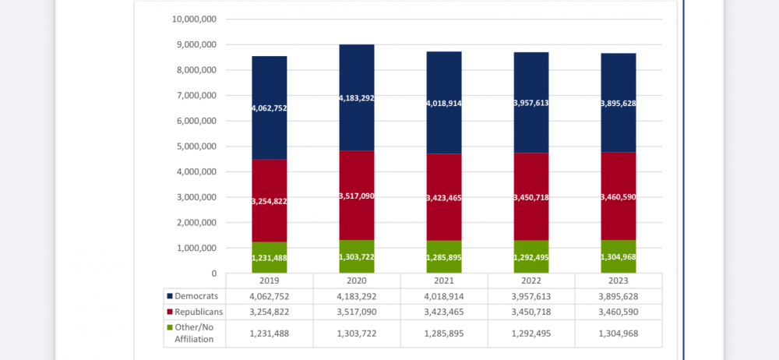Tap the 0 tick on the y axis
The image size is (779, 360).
coord(213,274)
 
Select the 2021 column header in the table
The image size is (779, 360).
coord(444,281)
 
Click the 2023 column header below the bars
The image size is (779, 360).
coord(619,281)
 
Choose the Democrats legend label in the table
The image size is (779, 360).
coord(196,296)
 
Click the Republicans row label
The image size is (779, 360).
coord(199,312)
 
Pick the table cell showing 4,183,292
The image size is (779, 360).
coord(357,296)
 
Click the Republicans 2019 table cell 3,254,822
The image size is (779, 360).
coord(270,312)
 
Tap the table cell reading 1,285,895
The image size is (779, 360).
coord(444,334)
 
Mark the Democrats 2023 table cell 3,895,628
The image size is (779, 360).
coord(619,296)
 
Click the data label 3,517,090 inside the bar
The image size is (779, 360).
coord(357,196)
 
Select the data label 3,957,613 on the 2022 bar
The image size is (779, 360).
coord(531,103)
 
